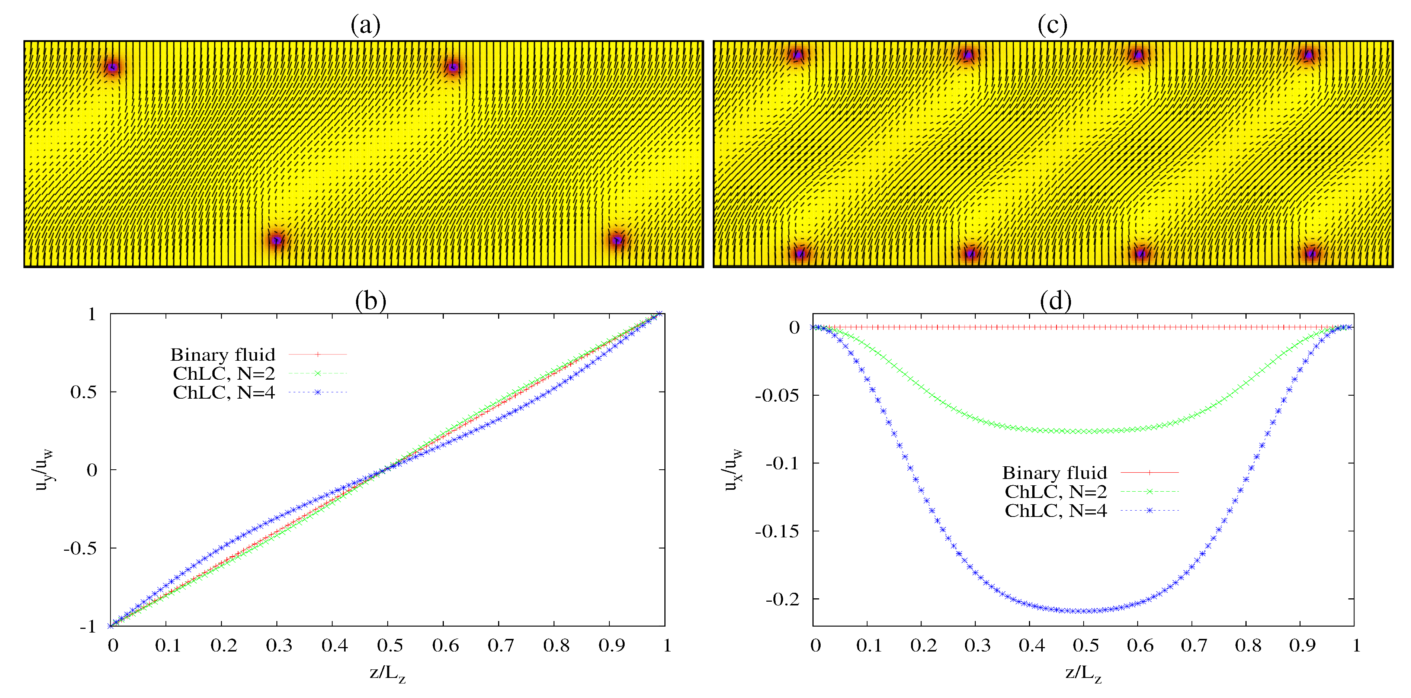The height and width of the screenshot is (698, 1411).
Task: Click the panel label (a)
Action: click(365, 25)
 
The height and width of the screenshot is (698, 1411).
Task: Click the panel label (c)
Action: click(1052, 25)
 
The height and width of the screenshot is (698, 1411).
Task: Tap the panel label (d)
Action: click(1055, 300)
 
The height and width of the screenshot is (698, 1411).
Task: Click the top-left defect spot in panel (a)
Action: click(112, 67)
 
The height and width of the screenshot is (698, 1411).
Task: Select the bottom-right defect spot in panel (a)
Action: click(617, 240)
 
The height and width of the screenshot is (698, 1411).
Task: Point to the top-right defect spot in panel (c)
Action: click(1309, 55)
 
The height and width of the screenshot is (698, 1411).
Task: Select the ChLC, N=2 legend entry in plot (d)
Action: click(1090, 492)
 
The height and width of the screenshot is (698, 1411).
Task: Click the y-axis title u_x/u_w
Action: click(733, 470)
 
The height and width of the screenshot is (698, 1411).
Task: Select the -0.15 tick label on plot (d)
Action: click(777, 531)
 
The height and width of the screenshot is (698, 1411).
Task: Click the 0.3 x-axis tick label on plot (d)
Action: click(977, 646)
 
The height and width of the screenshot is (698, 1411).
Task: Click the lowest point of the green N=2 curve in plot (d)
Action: click(1083, 431)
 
